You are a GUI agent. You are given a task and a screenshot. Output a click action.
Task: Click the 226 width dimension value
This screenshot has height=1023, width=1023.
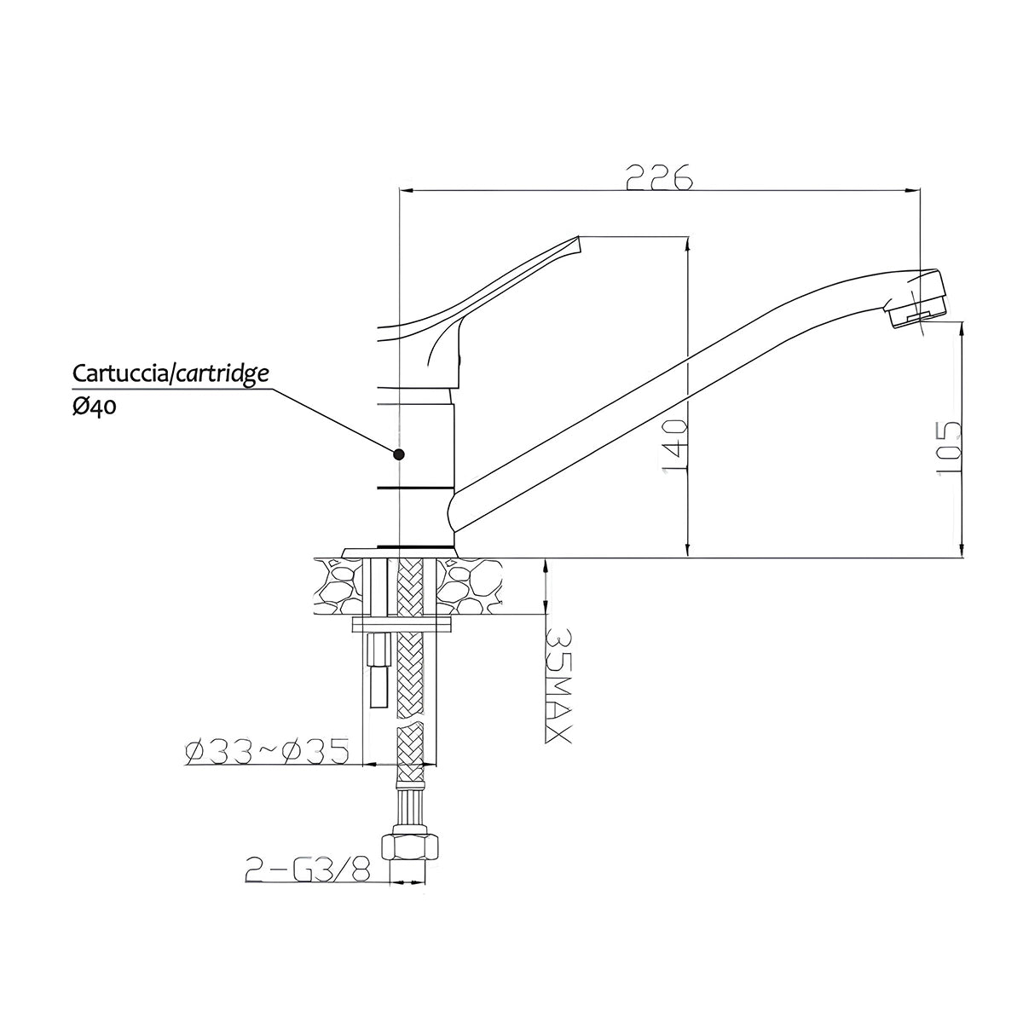(x=659, y=176)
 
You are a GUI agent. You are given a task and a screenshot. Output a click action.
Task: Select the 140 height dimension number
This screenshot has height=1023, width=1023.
(x=675, y=445)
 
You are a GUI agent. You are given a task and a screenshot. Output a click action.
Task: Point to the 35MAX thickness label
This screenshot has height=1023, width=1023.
(x=558, y=686)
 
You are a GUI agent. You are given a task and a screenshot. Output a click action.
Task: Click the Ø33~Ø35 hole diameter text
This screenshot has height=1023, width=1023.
(x=267, y=751)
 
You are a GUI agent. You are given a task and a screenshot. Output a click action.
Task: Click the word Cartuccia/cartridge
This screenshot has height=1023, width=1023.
(x=170, y=373)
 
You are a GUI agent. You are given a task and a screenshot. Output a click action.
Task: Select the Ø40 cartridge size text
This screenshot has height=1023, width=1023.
(x=94, y=407)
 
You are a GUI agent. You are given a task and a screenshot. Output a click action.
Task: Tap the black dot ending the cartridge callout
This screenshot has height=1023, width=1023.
(x=399, y=454)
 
